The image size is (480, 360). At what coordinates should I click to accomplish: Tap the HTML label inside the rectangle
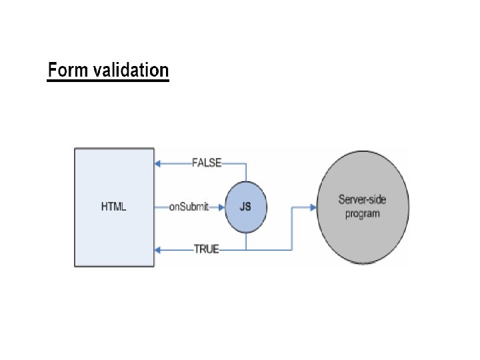point(113,207)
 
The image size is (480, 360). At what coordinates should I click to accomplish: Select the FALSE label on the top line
point(206,163)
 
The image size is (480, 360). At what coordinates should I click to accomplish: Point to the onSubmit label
point(189,207)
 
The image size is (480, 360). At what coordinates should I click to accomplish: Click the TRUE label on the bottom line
point(206,250)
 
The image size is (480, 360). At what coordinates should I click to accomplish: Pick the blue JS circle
point(246,207)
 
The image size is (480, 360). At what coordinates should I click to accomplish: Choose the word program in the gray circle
point(363,213)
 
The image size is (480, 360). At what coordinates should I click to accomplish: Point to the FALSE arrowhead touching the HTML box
point(158,163)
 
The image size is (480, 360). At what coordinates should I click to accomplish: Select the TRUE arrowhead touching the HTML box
point(158,250)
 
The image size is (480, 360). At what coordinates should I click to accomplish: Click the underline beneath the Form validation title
point(108,81)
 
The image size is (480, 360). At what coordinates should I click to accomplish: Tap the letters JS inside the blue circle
point(246,207)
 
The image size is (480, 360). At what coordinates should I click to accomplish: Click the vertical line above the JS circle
point(246,172)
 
